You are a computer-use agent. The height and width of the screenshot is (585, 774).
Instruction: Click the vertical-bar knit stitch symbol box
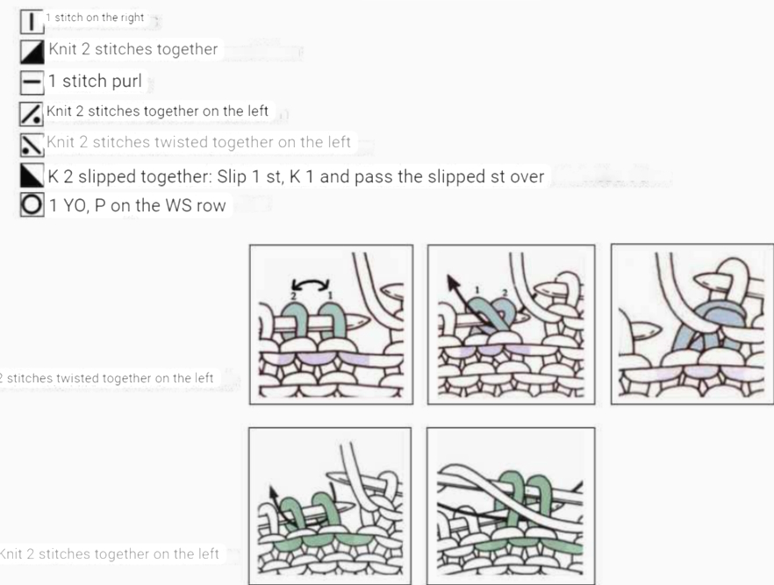[x=32, y=22]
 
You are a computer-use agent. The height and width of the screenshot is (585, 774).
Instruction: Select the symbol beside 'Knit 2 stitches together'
[x=32, y=52]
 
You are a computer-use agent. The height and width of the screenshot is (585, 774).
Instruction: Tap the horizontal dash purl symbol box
[x=32, y=82]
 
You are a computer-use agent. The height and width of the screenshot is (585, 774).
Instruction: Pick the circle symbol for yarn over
[x=32, y=204]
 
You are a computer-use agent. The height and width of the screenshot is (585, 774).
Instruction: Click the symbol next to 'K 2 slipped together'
[x=32, y=175]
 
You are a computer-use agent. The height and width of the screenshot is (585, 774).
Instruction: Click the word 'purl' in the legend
[x=127, y=82]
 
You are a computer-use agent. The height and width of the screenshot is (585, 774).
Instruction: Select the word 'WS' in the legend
[x=175, y=206]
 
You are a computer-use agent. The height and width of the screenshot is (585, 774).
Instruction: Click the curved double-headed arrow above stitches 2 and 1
[x=310, y=282]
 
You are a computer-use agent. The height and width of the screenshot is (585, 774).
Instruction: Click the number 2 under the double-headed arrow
[x=293, y=296]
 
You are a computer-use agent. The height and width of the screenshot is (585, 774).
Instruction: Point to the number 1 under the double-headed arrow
[x=330, y=296]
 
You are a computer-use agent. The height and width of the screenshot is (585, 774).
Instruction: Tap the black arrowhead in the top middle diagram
[x=452, y=282]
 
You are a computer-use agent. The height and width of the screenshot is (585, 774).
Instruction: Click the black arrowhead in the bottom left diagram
[x=272, y=492]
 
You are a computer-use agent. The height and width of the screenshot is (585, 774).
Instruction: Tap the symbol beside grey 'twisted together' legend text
[x=32, y=145]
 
